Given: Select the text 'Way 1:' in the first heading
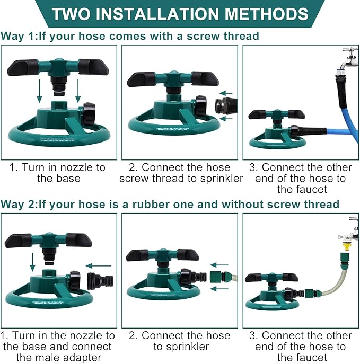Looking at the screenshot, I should (19, 37).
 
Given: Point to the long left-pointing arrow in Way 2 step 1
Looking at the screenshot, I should (99, 265).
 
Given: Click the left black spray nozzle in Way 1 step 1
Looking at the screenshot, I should (22, 67).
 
